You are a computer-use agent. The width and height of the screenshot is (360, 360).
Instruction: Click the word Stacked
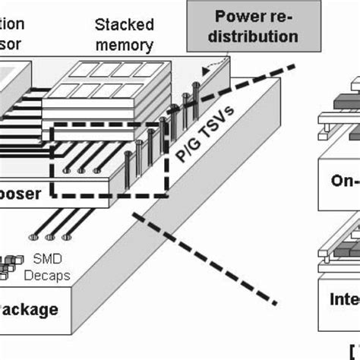click(x=123, y=25)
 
